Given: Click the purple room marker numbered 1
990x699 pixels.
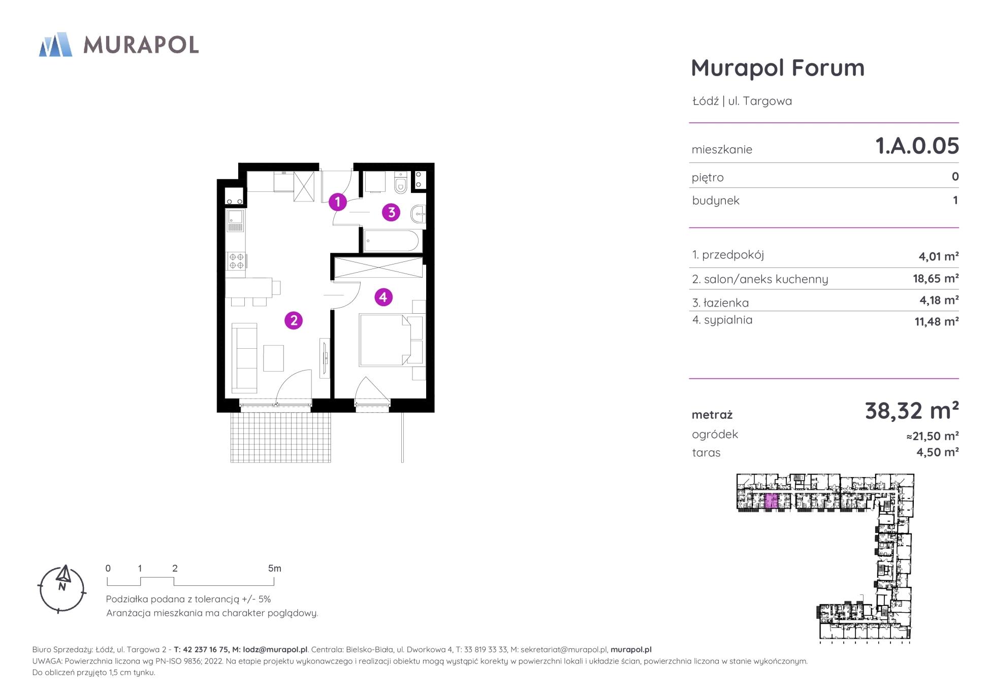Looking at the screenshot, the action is point(337,202).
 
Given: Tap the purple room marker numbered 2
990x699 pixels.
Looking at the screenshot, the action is point(294,320).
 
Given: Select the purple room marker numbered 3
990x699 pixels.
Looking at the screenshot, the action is point(391,212).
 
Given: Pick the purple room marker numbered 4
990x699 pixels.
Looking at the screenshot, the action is point(384,297).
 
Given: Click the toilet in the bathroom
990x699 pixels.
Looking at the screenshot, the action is point(401,183).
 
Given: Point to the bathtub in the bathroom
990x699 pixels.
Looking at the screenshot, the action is point(391,241).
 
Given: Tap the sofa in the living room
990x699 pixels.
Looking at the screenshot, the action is point(245,357).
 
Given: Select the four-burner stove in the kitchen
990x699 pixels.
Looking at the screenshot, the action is point(236,261).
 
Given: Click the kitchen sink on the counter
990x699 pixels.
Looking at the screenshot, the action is point(236,221).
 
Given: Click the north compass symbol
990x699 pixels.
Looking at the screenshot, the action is point(62,589).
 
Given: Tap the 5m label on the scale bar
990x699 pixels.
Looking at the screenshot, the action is point(274,569).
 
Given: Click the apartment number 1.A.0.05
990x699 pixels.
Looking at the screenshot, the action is point(917,146).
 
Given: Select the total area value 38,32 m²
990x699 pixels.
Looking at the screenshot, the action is point(912,411).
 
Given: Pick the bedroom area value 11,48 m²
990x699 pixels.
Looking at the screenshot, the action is point(937,321).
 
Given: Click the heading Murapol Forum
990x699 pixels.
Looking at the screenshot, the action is point(778,68).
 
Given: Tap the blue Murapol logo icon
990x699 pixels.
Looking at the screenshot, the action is point(56,44).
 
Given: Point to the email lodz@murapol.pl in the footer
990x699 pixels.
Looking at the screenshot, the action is point(275,649).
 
